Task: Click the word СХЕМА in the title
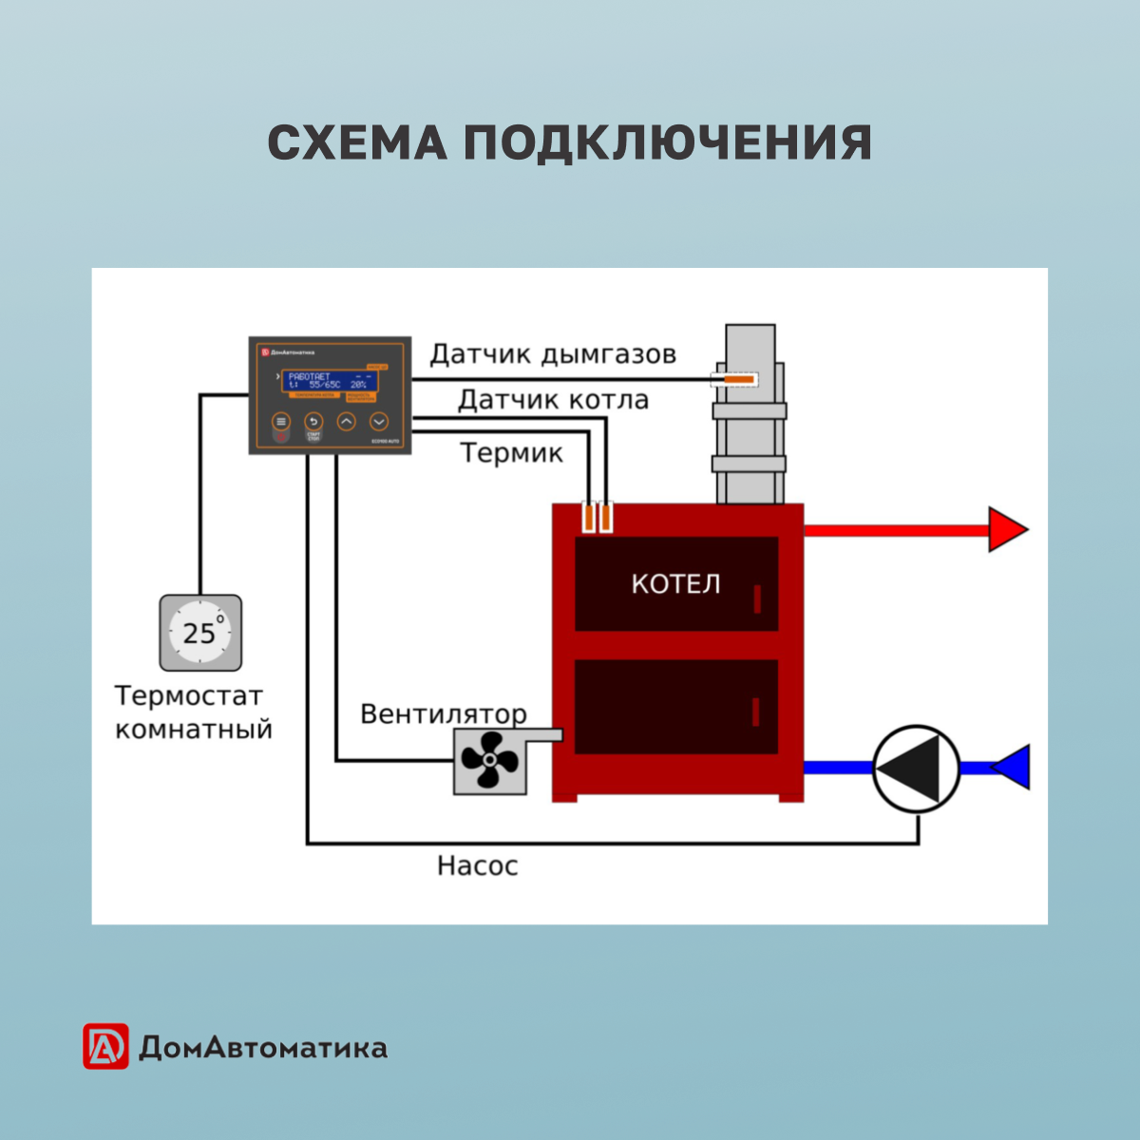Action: click(x=357, y=143)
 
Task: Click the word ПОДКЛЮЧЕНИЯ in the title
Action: click(x=667, y=143)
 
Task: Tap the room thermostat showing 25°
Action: click(x=200, y=633)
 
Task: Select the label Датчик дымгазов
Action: click(x=553, y=354)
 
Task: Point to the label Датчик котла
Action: click(x=553, y=400)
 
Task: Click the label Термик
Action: click(x=511, y=453)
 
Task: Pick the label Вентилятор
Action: click(x=443, y=713)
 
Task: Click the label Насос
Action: click(x=477, y=866)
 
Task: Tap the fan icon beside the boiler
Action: click(x=489, y=761)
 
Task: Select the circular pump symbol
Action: click(x=917, y=769)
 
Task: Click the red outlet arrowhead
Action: click(x=1006, y=529)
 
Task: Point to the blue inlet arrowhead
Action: click(x=1013, y=768)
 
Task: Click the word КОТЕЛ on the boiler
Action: click(x=675, y=583)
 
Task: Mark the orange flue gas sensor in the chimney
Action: click(x=736, y=380)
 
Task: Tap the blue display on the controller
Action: click(x=331, y=381)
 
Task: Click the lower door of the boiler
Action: click(x=675, y=707)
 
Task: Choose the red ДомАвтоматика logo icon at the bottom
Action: click(x=105, y=1047)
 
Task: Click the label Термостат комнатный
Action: click(x=193, y=712)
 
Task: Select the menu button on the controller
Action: click(x=280, y=422)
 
